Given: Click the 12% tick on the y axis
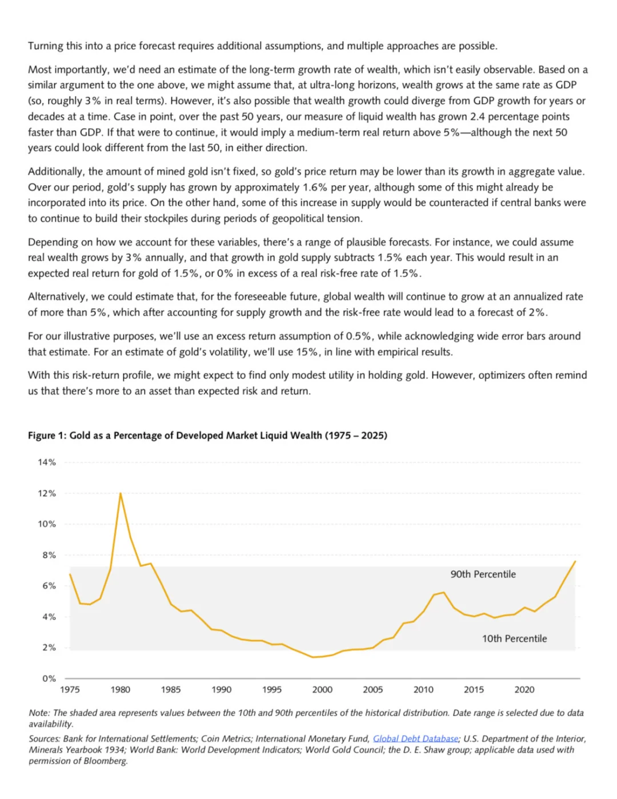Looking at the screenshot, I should [x=47, y=493].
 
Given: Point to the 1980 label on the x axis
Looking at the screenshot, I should [x=120, y=689].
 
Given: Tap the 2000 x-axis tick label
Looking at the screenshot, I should [x=322, y=689].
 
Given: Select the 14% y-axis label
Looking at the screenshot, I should [x=47, y=462].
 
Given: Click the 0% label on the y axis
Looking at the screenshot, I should [x=49, y=678].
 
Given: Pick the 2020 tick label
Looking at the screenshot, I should [x=524, y=689].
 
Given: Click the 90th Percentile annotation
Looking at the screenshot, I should [x=483, y=574].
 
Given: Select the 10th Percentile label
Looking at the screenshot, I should [x=514, y=638].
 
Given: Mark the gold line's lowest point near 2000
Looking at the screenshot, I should [x=312, y=657].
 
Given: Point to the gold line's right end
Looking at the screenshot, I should [x=575, y=561].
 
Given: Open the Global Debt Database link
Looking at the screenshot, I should [x=415, y=738].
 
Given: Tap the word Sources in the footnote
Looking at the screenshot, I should [x=44, y=738].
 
